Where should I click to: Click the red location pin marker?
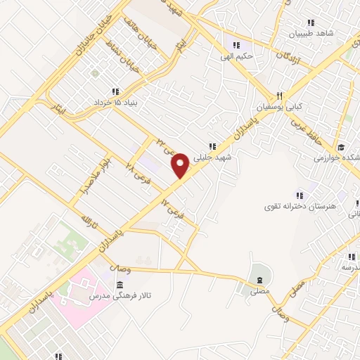coord(180,166)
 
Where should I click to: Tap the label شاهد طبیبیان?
coord(314,32)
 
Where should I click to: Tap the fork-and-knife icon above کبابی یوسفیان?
coord(279,96)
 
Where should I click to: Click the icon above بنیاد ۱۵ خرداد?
coord(115,91)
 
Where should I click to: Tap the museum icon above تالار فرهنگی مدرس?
coord(120,285)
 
